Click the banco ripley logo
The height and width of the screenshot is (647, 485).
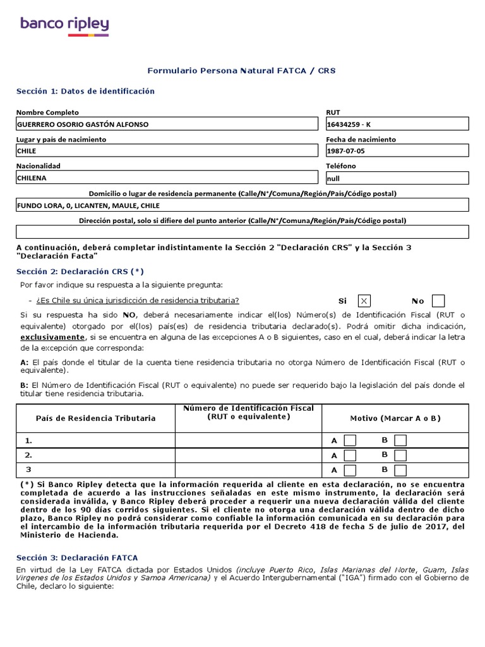64,26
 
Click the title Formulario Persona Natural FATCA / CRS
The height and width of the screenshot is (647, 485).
241,71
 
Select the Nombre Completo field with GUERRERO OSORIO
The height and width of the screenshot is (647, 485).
167,124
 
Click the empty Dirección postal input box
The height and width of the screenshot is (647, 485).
242,232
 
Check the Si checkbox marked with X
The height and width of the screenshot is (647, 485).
364,301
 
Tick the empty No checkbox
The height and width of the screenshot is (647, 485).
438,301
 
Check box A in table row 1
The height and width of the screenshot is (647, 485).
350,440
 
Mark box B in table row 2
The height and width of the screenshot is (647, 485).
400,455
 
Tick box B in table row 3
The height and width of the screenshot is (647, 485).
400,470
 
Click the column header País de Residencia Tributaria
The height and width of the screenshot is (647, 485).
95,418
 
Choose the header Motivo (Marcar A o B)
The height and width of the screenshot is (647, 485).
395,418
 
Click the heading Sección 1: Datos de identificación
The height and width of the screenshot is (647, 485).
85,91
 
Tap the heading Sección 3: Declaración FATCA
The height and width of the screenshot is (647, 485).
77,558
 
